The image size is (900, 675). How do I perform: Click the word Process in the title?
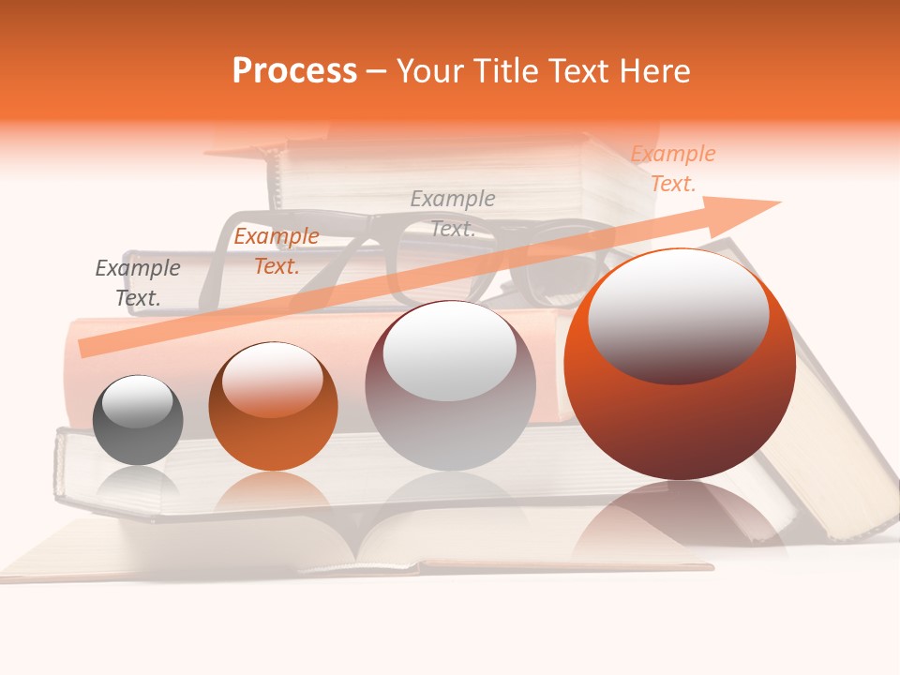point(294,71)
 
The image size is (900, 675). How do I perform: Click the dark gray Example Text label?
point(138,283)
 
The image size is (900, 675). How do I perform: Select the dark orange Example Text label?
point(277,251)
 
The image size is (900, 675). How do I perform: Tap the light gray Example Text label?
point(453,213)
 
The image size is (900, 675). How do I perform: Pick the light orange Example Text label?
point(673,169)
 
